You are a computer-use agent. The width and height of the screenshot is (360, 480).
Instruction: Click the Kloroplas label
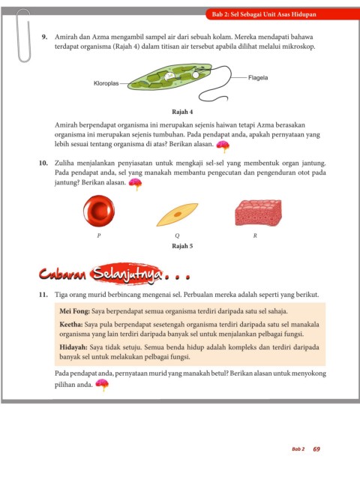[x=106, y=83]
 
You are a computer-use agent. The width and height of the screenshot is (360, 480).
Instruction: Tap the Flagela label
[x=258, y=78]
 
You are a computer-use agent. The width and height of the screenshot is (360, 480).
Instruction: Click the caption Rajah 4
[x=182, y=112]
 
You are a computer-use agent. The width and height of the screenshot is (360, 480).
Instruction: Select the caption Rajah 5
[x=182, y=246]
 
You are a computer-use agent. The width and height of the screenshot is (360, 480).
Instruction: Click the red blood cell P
[x=99, y=211]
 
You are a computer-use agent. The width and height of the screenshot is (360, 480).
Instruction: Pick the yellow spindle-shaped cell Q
[x=177, y=214]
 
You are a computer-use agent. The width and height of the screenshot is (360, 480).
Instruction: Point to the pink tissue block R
[x=258, y=213]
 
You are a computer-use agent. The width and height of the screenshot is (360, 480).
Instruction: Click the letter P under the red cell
[x=98, y=235]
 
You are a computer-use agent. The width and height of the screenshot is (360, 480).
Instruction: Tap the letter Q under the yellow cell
[x=177, y=235]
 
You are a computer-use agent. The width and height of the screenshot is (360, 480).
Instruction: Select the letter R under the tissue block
[x=255, y=235]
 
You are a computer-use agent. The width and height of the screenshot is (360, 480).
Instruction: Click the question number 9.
[x=44, y=37]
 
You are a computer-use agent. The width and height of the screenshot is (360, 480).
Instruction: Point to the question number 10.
[x=43, y=163]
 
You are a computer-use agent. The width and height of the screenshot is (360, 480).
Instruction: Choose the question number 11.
[x=43, y=295]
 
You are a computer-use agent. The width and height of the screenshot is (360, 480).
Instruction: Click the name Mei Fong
[x=74, y=311]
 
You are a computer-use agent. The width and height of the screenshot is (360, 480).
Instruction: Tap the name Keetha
[x=71, y=325]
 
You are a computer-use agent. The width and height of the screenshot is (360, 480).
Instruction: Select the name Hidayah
[x=73, y=347]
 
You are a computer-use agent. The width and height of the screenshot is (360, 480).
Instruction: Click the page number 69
[x=316, y=449]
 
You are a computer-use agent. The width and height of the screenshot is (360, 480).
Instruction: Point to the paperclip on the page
[x=23, y=35]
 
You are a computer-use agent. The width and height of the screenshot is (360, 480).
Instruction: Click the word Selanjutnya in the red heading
[x=127, y=274]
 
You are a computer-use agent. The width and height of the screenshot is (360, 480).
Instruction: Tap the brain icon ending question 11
[x=102, y=385]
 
